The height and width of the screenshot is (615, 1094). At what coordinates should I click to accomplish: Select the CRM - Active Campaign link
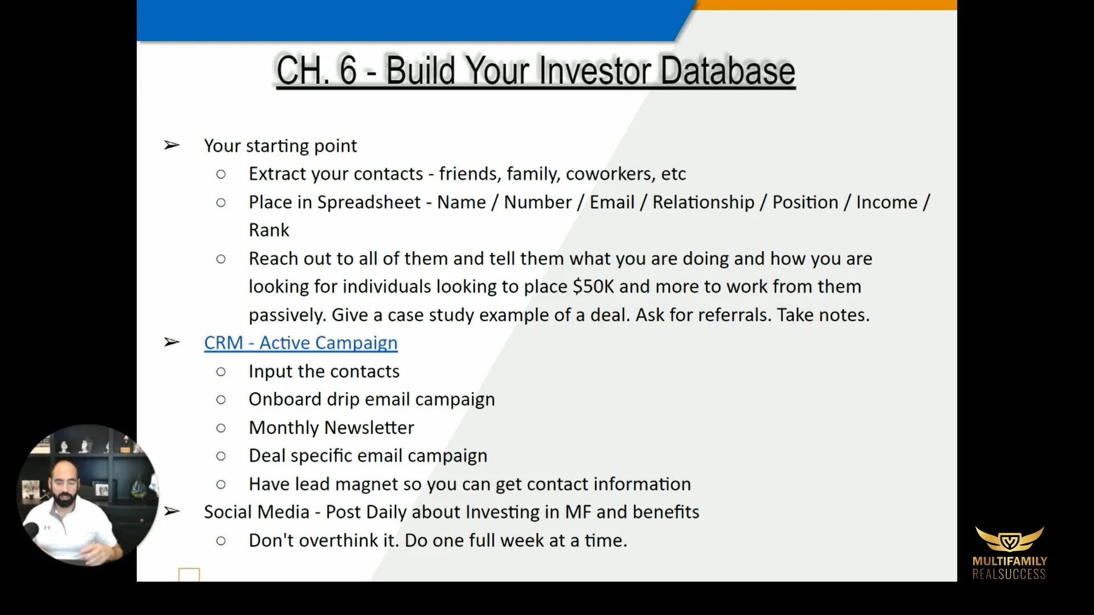[x=300, y=343]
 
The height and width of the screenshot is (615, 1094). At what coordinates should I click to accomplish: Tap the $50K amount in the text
[x=593, y=286]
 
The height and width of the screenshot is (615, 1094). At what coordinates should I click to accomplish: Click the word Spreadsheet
[x=369, y=202]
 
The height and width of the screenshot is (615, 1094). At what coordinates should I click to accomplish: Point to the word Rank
[x=269, y=230]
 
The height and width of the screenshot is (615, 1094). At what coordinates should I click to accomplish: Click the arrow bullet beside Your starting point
[x=172, y=145]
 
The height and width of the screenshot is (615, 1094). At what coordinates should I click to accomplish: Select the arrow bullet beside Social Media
[x=172, y=511]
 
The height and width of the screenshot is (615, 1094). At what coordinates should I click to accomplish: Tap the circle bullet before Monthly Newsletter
[x=221, y=428]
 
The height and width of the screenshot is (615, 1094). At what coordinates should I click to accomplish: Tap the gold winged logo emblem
[x=1009, y=539]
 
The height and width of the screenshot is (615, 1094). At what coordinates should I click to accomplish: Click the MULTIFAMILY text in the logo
[x=1009, y=561]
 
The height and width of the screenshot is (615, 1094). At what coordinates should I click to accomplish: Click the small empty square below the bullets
[x=189, y=575]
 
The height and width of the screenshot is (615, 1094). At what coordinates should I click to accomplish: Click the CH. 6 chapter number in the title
[x=316, y=71]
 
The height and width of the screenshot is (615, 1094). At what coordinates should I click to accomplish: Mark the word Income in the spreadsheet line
[x=887, y=202]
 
